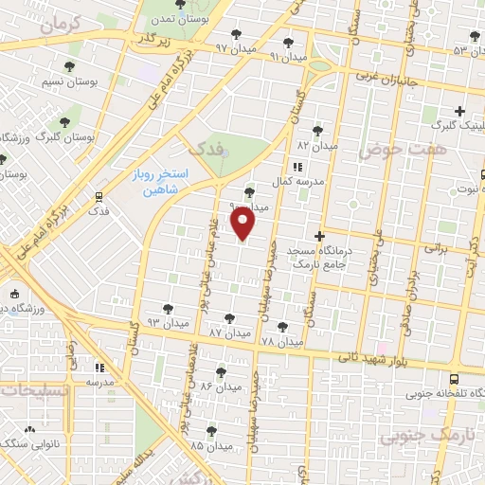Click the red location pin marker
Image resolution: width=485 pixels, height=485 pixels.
pos(244,224)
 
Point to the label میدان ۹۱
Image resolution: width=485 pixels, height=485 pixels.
pos(289,56)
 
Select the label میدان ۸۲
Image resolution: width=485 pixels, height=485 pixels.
pos(316,146)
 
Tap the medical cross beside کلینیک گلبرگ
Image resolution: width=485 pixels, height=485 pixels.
pos(459,110)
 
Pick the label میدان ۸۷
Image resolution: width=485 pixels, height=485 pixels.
pos(229,333)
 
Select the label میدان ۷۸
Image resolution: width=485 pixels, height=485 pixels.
pos(281,340)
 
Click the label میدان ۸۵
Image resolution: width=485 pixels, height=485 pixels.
pos(210,443)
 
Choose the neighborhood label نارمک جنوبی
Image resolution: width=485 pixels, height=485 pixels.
pos(417,437)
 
